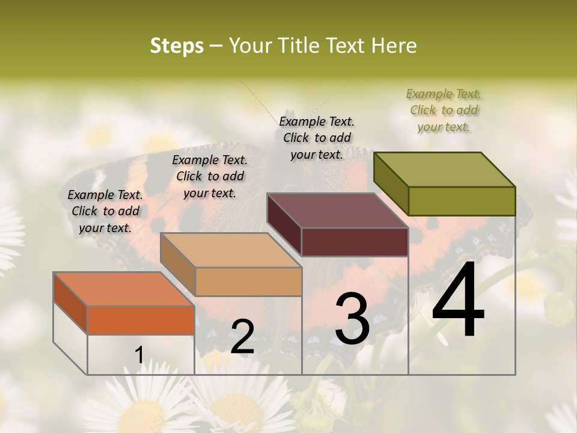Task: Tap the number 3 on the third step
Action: (x=352, y=318)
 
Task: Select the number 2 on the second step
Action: (x=242, y=337)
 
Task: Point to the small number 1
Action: (x=139, y=355)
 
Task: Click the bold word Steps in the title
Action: (x=177, y=46)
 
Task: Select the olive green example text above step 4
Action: (x=444, y=110)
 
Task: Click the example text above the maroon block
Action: (x=317, y=138)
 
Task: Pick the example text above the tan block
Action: (x=210, y=176)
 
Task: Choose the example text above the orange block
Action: (x=105, y=211)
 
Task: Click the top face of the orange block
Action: (x=123, y=289)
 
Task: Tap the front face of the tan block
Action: (x=249, y=281)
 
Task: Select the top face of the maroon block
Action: (x=337, y=210)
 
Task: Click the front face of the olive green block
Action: (x=462, y=201)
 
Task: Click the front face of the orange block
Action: (x=141, y=320)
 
